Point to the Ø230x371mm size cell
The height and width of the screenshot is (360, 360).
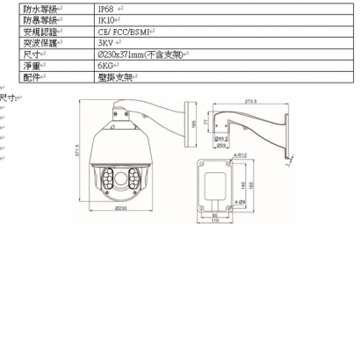pyautogui.click(x=140, y=54)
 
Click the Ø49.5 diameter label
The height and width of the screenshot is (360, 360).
pyautogui.click(x=221, y=138)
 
